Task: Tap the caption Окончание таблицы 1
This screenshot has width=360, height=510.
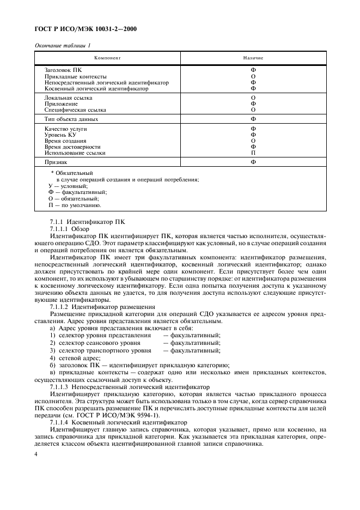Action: [x=63, y=45]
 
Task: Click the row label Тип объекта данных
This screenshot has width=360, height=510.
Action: [x=71, y=119]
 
